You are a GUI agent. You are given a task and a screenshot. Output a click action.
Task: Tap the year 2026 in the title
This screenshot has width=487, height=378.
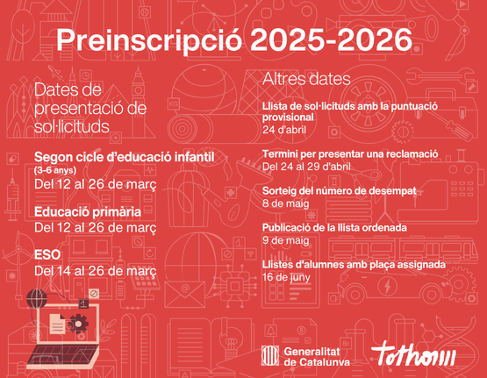[x=375, y=39]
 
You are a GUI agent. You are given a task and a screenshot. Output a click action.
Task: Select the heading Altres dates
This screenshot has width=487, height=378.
[x=306, y=79]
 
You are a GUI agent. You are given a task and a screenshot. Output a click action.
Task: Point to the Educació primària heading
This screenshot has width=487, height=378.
[x=88, y=212]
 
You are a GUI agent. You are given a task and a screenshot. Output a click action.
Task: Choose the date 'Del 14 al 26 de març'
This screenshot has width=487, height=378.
[x=96, y=271]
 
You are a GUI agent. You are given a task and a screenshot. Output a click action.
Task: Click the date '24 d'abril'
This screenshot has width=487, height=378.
[x=284, y=130]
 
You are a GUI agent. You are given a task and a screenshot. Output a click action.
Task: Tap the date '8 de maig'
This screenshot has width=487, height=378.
[x=286, y=203]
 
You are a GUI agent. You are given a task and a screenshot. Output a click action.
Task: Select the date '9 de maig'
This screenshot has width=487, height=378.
[x=286, y=240]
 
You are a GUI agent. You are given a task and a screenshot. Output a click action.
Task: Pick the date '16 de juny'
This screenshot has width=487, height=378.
[x=286, y=277]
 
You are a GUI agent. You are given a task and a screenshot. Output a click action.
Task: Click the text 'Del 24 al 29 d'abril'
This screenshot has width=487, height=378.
[x=306, y=167]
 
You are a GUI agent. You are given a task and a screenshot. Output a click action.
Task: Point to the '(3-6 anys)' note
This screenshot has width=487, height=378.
[x=55, y=170]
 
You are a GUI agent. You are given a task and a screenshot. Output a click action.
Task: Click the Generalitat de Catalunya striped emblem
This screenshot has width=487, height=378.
[x=270, y=355]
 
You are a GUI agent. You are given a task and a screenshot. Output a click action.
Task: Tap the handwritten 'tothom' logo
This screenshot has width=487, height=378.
[x=413, y=354]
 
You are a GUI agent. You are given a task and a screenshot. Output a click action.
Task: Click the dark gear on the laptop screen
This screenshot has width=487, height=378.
[x=78, y=324]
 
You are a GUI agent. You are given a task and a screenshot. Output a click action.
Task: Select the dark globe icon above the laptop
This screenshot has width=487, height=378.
[x=37, y=298]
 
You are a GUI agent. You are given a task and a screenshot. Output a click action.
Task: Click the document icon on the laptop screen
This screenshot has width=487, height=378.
[x=57, y=324]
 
